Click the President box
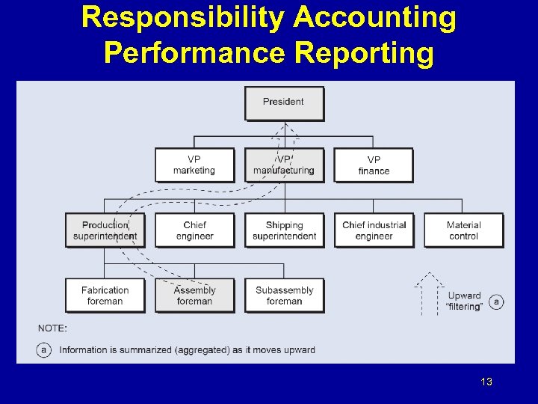[x=284, y=102]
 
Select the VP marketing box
[x=194, y=165]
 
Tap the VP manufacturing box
[x=284, y=165]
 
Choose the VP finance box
[x=374, y=165]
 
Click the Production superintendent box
[x=105, y=230]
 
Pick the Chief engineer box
[x=194, y=230]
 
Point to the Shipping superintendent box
[x=284, y=230]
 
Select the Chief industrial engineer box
[x=374, y=230]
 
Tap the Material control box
[x=463, y=230]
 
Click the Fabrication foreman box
[x=105, y=296]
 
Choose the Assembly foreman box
[x=194, y=296]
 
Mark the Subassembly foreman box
[x=284, y=296]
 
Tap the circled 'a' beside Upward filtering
[x=497, y=302]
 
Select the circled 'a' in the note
[x=44, y=349]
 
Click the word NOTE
[x=52, y=328]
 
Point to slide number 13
[x=486, y=382]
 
